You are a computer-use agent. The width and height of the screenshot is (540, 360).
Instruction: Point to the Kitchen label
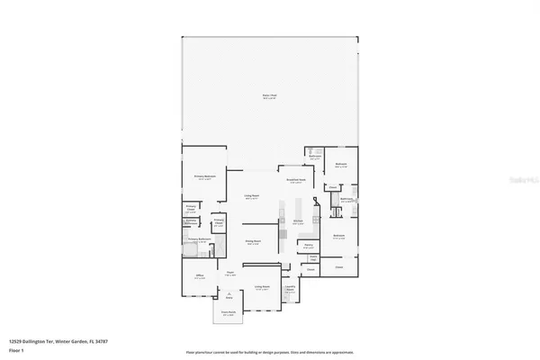tap(296, 220)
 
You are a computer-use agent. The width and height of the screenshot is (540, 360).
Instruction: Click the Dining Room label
tap(255, 241)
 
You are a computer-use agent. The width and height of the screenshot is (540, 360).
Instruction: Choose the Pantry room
tap(308, 244)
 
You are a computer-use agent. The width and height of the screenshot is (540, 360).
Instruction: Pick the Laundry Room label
tap(291, 289)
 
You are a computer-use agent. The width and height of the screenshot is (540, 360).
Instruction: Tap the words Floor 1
tap(17, 349)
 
